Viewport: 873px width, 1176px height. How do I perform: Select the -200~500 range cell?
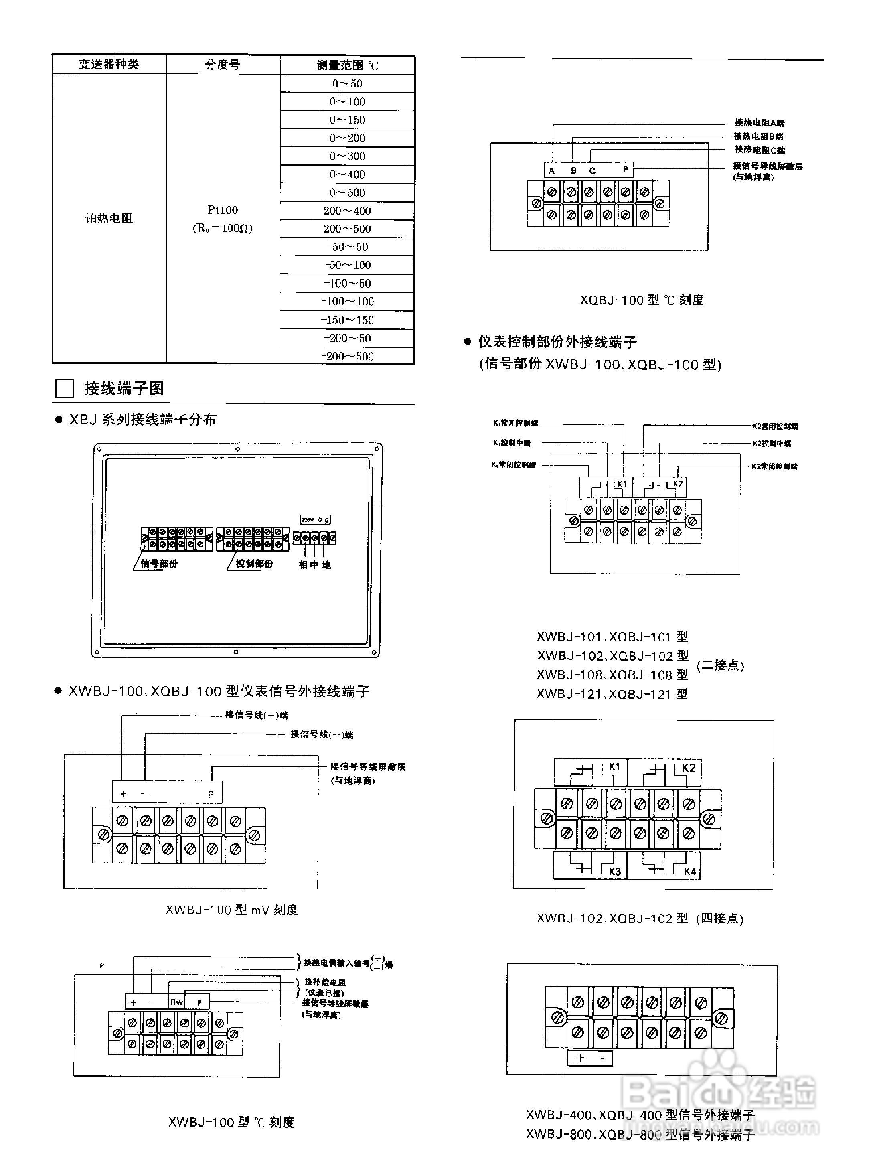click(347, 356)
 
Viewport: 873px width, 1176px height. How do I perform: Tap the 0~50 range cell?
click(347, 83)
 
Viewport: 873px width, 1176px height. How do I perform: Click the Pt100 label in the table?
click(223, 210)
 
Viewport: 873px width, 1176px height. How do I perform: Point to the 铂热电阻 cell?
click(109, 218)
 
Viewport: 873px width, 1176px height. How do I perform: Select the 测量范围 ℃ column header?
click(347, 65)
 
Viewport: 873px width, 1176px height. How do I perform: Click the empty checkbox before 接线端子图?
click(64, 389)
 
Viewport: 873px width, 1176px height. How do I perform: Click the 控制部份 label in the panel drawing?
click(254, 564)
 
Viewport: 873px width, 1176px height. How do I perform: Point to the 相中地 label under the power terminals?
click(314, 564)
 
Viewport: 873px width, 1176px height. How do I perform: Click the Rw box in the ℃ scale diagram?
click(176, 1002)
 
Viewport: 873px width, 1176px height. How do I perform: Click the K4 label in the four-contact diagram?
click(690, 872)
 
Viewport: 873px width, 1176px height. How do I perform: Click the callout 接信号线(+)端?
click(256, 715)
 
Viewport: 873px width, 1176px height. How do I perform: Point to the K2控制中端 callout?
click(772, 444)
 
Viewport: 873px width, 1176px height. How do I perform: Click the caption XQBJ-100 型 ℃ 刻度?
click(642, 300)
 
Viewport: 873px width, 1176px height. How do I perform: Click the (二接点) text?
click(720, 665)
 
